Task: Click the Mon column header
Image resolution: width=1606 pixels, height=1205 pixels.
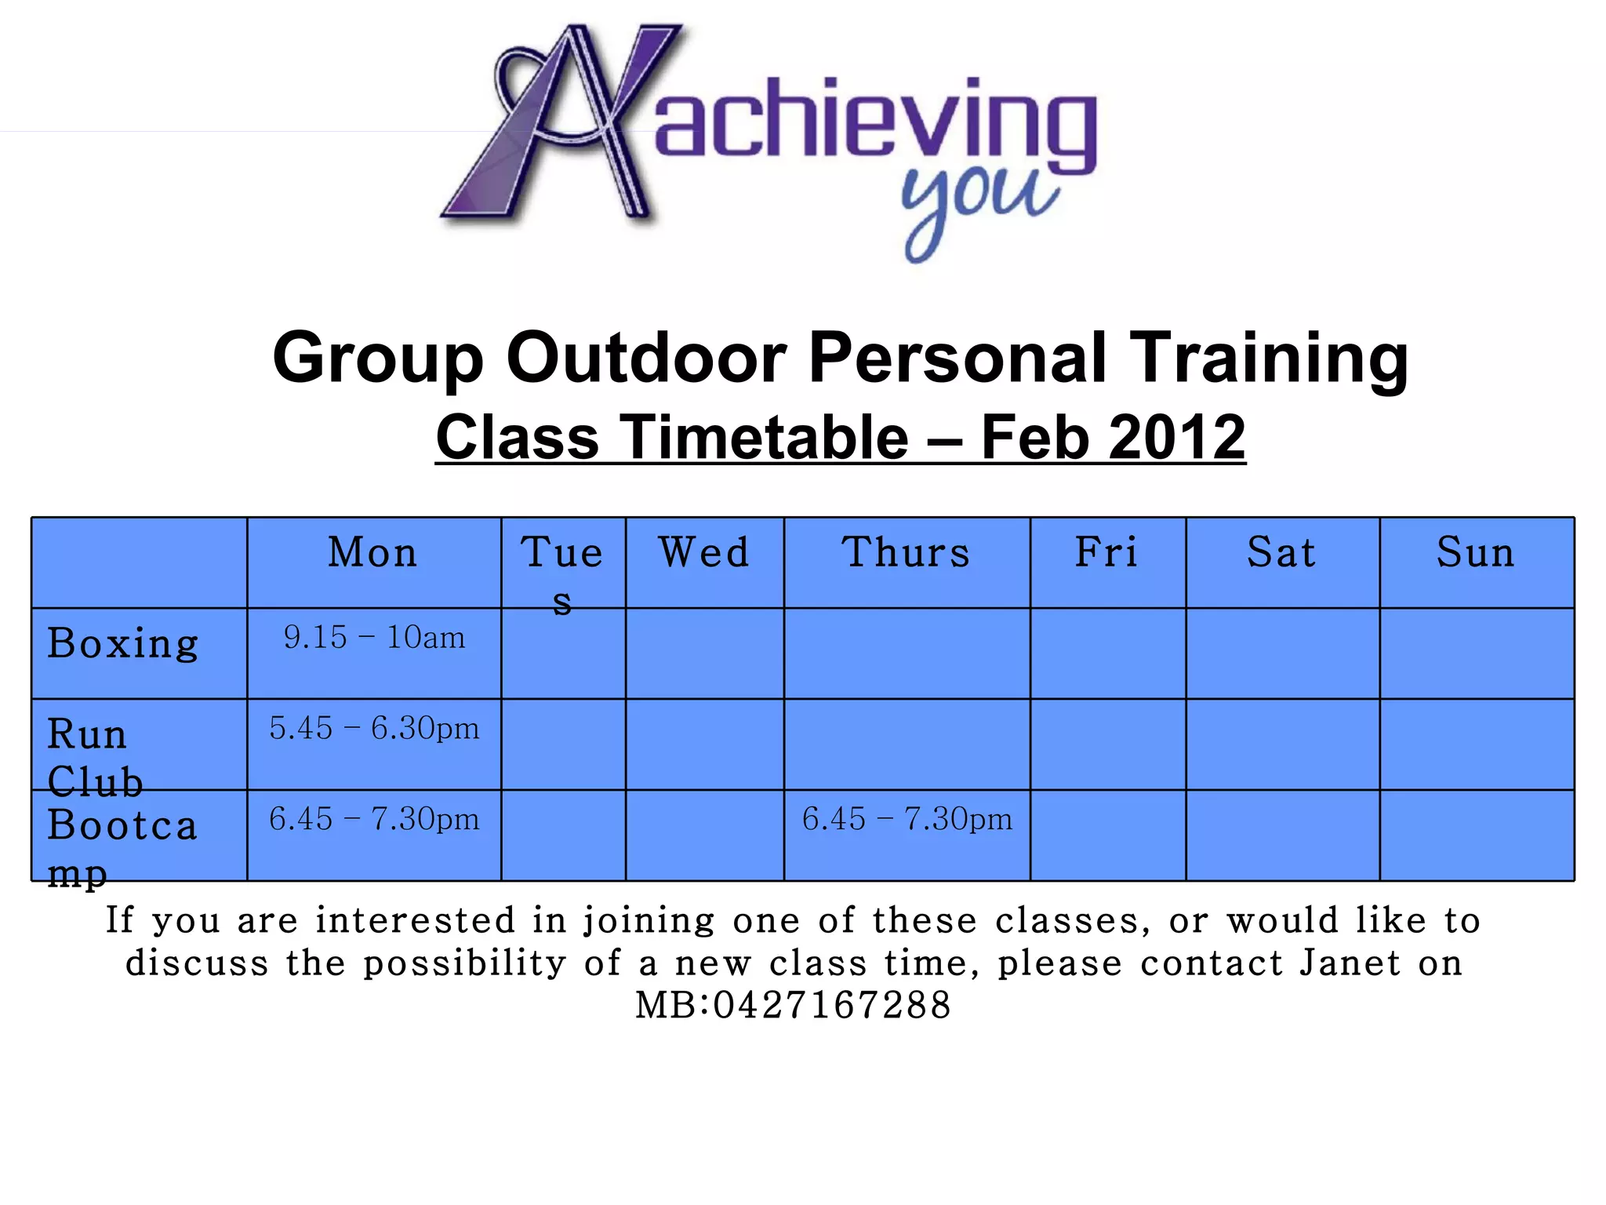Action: click(x=373, y=552)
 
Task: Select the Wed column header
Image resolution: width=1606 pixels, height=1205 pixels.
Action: click(x=704, y=552)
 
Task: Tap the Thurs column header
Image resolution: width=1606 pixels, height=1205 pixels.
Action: click(x=907, y=552)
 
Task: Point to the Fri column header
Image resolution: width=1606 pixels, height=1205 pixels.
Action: click(x=1106, y=552)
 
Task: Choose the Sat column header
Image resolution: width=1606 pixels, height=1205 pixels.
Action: click(x=1281, y=552)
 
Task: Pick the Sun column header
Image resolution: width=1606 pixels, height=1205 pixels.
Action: click(x=1476, y=552)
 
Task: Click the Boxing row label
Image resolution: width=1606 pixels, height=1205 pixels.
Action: click(x=123, y=644)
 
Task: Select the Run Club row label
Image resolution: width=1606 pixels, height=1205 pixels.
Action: click(x=94, y=757)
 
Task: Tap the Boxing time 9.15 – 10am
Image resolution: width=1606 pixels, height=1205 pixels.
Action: click(x=374, y=638)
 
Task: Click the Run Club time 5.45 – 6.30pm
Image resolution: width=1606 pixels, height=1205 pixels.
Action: click(x=374, y=729)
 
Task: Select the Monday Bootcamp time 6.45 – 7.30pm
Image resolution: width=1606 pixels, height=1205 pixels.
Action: click(x=374, y=820)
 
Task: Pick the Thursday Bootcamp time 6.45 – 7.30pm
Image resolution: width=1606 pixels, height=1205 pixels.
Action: click(x=907, y=820)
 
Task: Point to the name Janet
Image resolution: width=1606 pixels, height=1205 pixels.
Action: click(x=1350, y=963)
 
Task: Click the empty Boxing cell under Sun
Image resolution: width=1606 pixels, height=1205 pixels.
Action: click(x=1477, y=653)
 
